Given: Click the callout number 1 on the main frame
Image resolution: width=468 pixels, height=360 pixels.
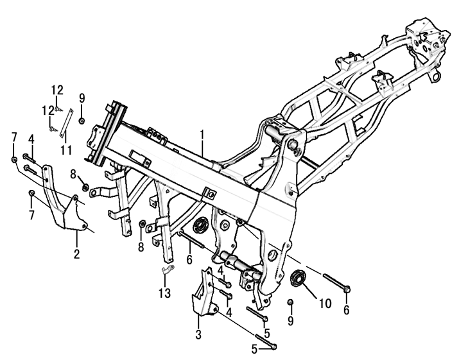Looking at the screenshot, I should (202, 135).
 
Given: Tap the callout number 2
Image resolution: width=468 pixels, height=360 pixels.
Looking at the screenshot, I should (76, 253).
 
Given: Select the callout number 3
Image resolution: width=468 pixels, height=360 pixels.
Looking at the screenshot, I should (198, 334).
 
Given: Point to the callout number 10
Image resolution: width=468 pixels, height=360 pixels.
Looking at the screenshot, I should (325, 302).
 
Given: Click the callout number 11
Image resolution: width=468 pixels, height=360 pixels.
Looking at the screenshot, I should (64, 150).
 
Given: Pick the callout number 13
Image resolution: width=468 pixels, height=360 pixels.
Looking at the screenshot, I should (166, 293).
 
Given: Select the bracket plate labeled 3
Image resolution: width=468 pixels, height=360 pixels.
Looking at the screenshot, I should (204, 298).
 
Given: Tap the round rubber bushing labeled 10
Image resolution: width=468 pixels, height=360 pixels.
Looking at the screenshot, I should (299, 279).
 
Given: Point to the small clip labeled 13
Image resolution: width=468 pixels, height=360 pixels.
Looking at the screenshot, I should (165, 270).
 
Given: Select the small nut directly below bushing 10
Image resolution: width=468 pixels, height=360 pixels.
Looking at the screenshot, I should (290, 302).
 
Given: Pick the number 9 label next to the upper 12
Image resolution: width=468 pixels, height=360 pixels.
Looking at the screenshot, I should (82, 98).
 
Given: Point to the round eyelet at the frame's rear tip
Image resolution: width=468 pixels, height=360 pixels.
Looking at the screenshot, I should (438, 76).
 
